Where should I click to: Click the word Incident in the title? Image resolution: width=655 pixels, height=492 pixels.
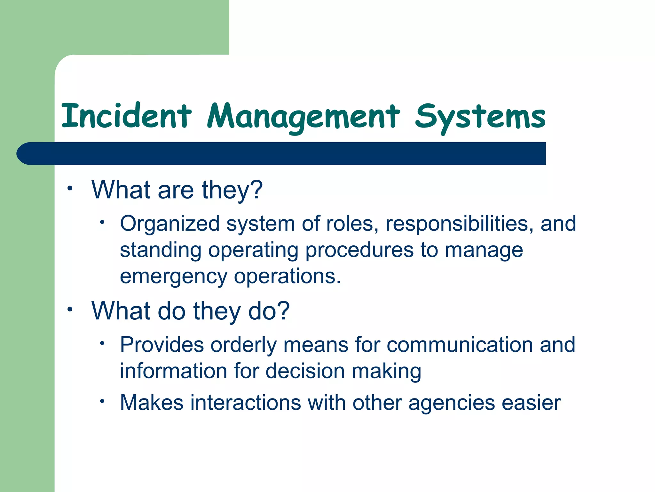click(x=126, y=116)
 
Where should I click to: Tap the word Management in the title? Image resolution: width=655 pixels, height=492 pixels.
click(x=303, y=117)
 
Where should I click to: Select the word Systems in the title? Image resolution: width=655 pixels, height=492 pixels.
click(x=480, y=117)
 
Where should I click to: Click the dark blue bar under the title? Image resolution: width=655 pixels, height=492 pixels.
click(x=281, y=153)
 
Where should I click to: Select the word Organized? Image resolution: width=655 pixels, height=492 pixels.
click(x=170, y=224)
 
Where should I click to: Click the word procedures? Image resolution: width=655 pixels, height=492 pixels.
click(x=359, y=250)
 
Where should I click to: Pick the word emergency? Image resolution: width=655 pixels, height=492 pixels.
click(x=173, y=276)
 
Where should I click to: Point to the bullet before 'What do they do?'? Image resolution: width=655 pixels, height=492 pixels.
click(x=70, y=310)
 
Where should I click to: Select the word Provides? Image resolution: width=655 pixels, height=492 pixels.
click(x=162, y=345)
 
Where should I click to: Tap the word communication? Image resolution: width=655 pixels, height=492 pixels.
click(x=460, y=345)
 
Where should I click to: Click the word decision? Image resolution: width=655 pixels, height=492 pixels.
click(x=305, y=371)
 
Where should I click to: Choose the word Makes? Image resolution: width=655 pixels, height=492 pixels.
click(x=152, y=403)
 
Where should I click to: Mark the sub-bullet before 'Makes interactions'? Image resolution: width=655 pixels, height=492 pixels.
click(x=102, y=401)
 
